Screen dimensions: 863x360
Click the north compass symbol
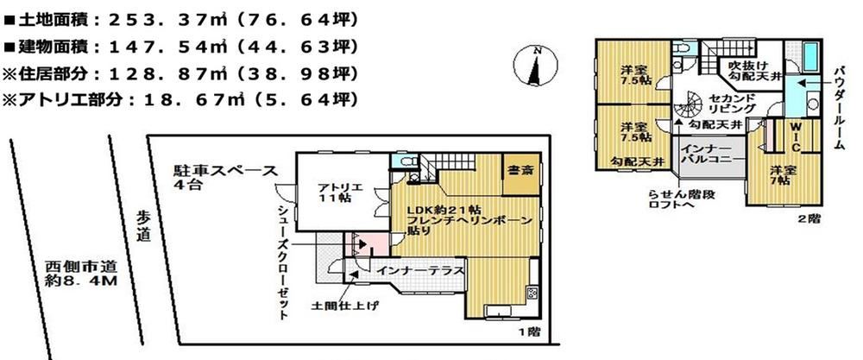pyautogui.click(x=535, y=65)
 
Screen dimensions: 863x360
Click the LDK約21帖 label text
pyautogui.click(x=444, y=210)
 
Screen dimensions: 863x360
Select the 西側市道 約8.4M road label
pyautogui.click(x=81, y=275)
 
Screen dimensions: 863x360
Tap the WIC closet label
pyautogui.click(x=796, y=137)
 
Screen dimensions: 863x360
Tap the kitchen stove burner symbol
pyautogui.click(x=532, y=293)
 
